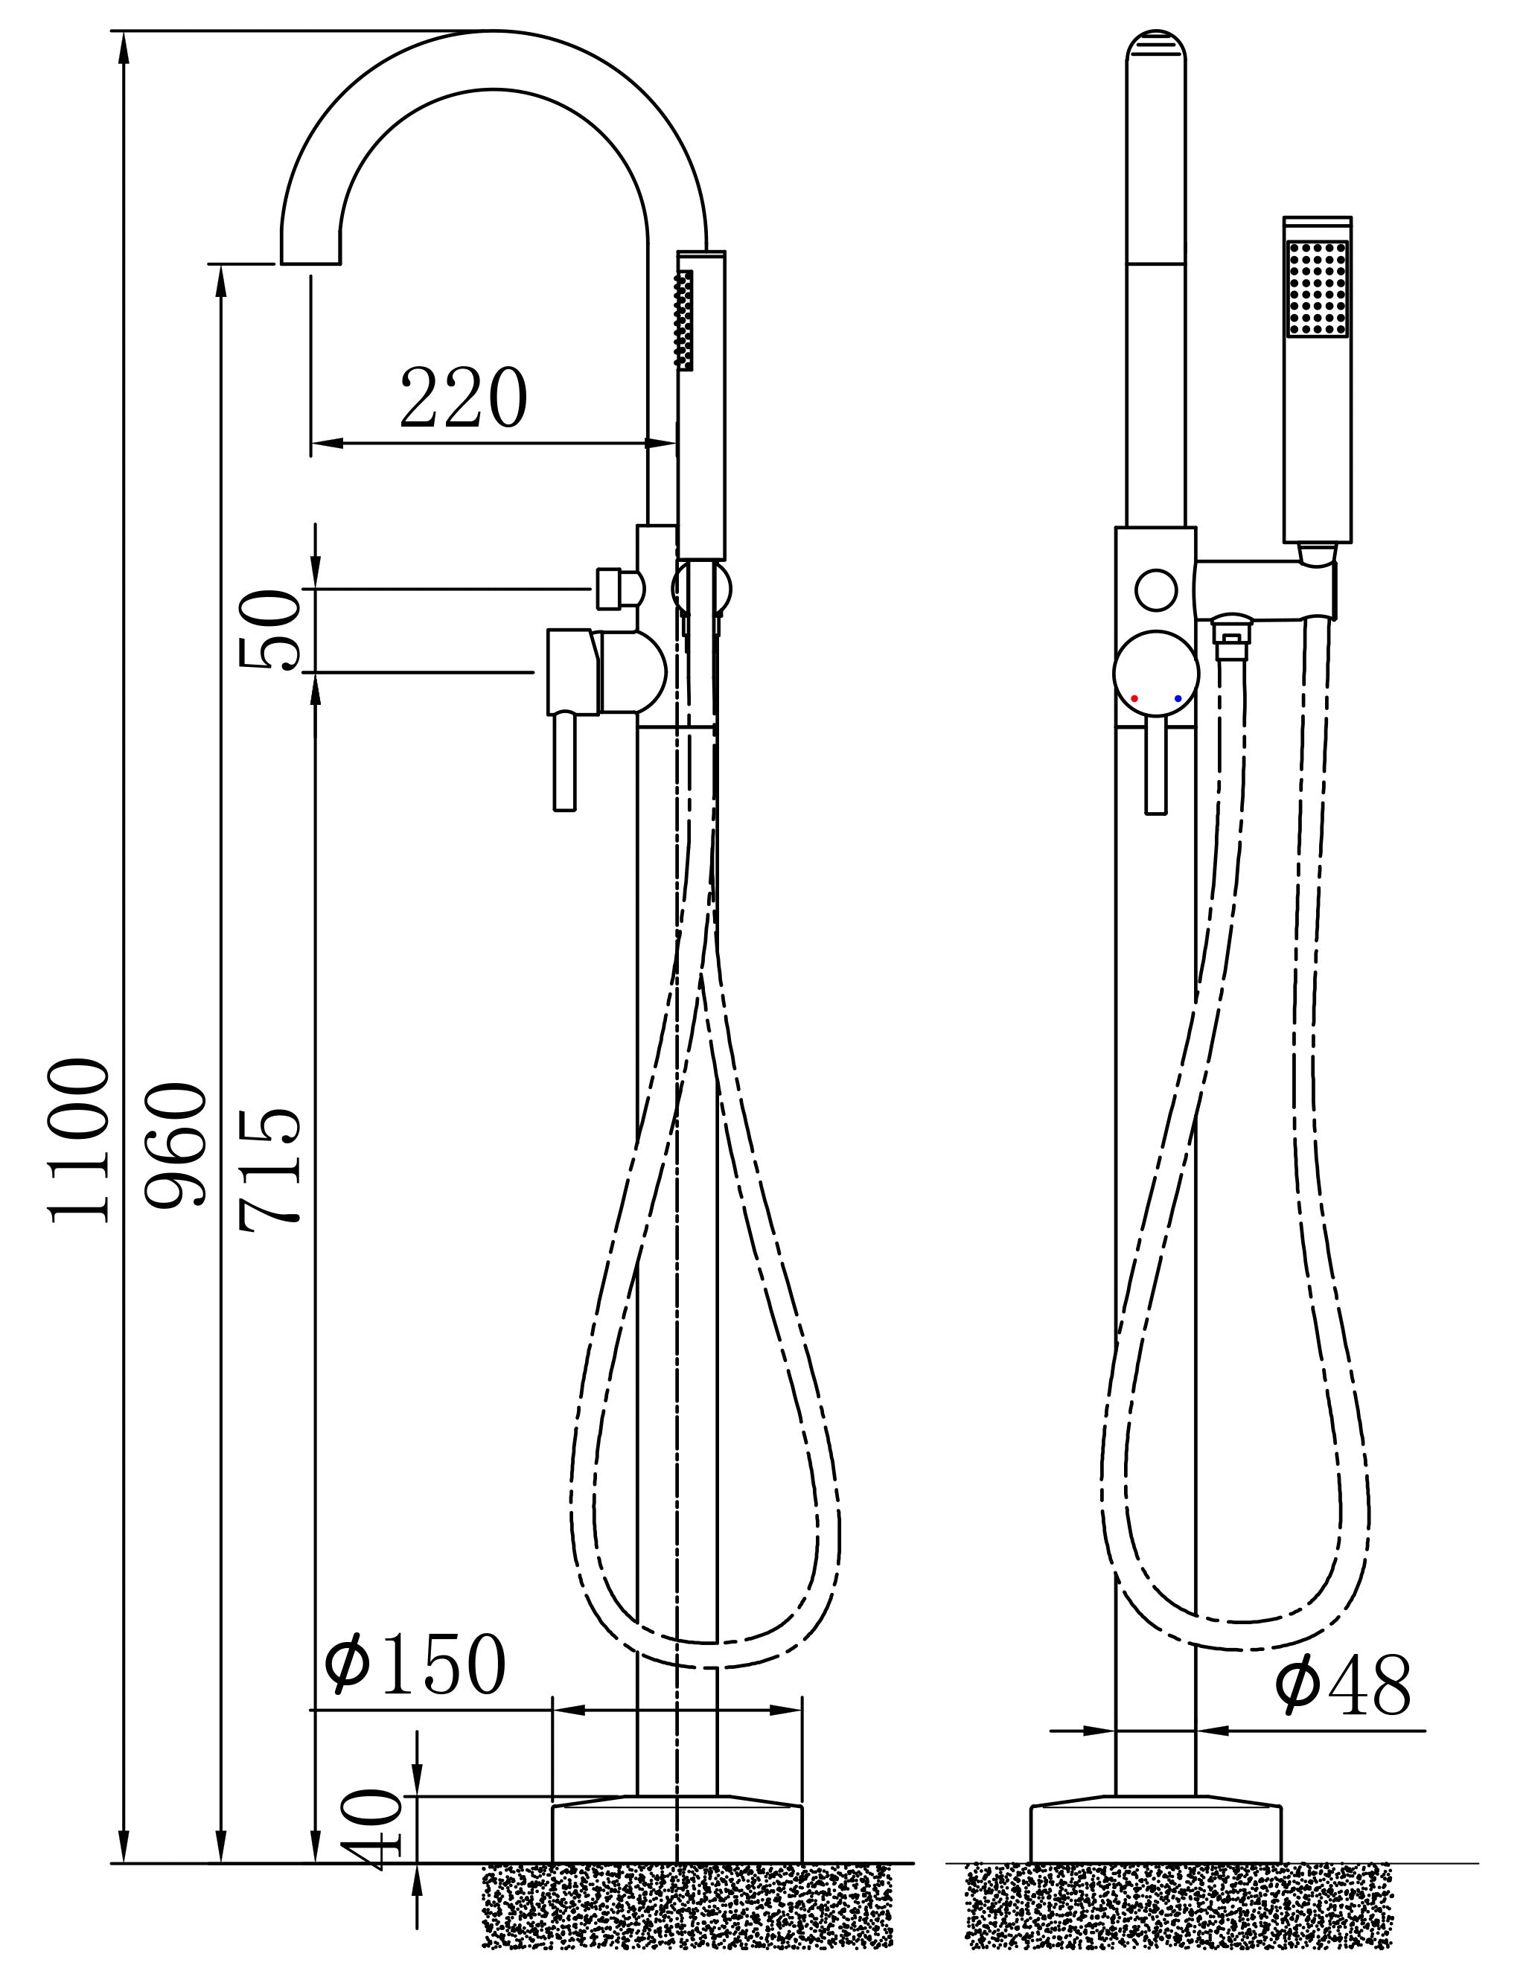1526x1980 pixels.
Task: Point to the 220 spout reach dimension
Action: coord(463,399)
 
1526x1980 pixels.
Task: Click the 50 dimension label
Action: coord(269,630)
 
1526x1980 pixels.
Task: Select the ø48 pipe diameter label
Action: coord(1343,1685)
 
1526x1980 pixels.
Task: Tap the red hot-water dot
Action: coord(1134,698)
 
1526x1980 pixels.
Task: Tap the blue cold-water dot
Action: coord(1178,698)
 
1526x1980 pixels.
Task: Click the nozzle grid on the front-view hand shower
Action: coord(1317,288)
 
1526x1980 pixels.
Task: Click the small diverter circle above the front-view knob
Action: coord(1156,590)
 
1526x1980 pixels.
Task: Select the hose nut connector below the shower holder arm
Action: coord(1230,633)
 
